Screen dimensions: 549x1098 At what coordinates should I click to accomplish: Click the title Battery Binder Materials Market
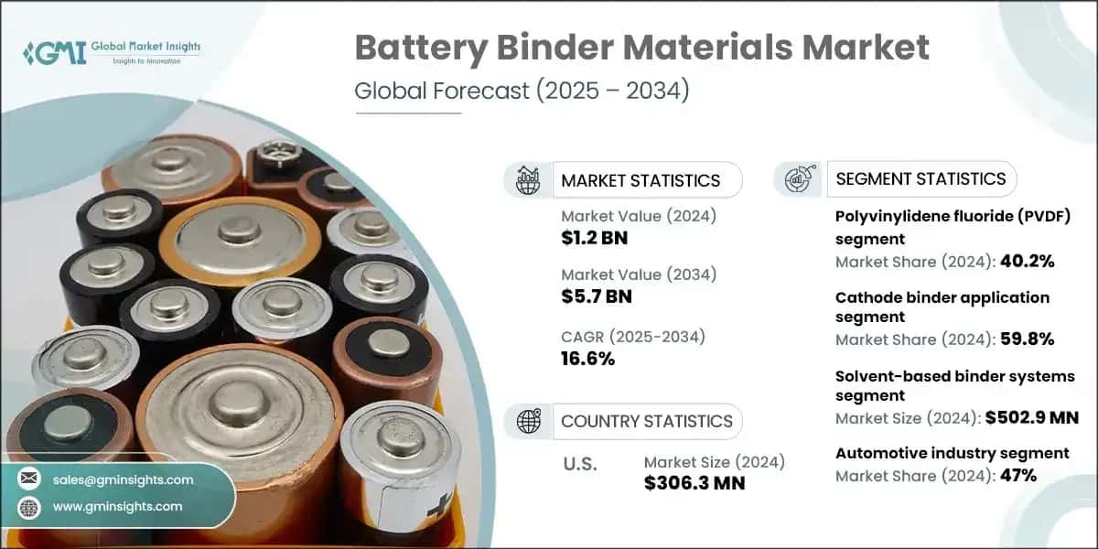click(x=641, y=48)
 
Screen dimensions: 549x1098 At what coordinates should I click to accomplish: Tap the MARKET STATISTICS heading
click(x=640, y=180)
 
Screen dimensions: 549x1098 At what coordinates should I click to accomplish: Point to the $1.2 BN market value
click(x=595, y=239)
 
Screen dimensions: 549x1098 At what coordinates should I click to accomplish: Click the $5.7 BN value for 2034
click(x=596, y=296)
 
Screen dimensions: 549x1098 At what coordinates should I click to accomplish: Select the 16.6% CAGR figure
click(x=587, y=358)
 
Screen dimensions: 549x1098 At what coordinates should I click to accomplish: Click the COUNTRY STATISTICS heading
click(x=646, y=421)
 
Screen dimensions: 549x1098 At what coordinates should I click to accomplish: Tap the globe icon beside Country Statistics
click(x=528, y=421)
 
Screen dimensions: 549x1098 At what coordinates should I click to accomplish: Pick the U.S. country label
click(x=579, y=464)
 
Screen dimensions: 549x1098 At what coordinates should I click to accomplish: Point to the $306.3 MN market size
click(x=694, y=482)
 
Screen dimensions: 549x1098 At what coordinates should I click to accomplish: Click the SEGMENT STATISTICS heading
click(x=920, y=178)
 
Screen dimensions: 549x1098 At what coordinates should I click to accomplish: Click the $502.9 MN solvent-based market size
click(x=1030, y=417)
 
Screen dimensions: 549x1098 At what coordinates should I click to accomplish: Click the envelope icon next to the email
click(x=30, y=479)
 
